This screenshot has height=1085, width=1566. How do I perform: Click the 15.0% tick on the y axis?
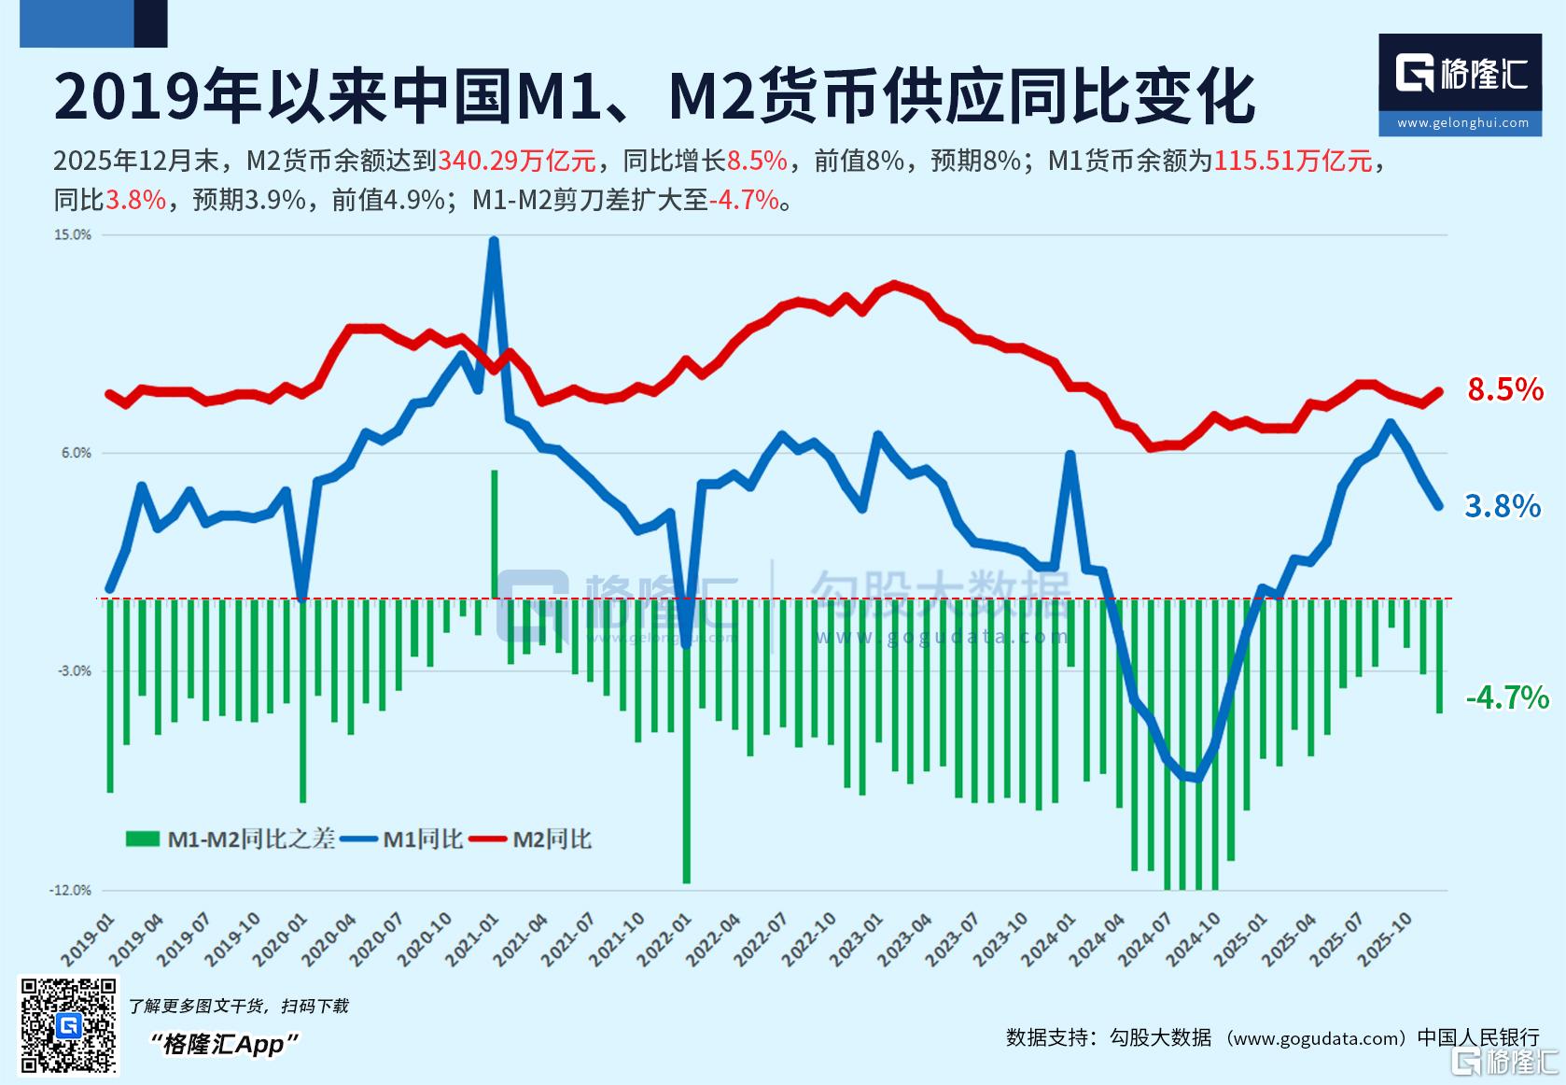click(73, 235)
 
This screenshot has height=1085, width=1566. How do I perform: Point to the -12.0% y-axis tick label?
click(71, 890)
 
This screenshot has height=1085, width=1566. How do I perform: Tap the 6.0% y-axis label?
click(77, 453)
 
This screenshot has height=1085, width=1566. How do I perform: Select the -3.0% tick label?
click(74, 670)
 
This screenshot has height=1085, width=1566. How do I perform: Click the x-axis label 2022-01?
click(664, 940)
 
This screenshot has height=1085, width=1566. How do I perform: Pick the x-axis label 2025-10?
click(1385, 940)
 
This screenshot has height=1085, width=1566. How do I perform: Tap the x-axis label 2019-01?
click(88, 940)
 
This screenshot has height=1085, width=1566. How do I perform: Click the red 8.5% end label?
click(1505, 389)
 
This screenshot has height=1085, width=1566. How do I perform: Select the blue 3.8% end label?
click(1503, 506)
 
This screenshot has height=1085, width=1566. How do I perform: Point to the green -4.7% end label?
click(1507, 697)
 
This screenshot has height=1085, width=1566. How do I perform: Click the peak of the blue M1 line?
click(494, 241)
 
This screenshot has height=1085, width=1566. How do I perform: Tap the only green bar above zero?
click(495, 534)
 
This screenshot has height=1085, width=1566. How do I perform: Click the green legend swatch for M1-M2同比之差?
click(143, 838)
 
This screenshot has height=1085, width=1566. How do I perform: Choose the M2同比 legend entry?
click(531, 838)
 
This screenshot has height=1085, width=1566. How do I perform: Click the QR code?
click(68, 1025)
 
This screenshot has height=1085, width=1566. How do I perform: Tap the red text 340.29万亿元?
click(516, 161)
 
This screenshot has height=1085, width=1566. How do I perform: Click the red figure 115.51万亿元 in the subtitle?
click(1293, 161)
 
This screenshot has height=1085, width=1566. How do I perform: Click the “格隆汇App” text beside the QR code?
click(224, 1045)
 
